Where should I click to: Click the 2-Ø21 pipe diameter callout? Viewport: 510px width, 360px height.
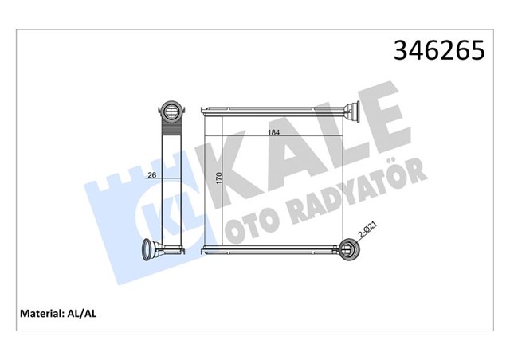[x=367, y=232]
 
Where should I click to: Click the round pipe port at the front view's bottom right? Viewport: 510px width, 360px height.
[x=349, y=249]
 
